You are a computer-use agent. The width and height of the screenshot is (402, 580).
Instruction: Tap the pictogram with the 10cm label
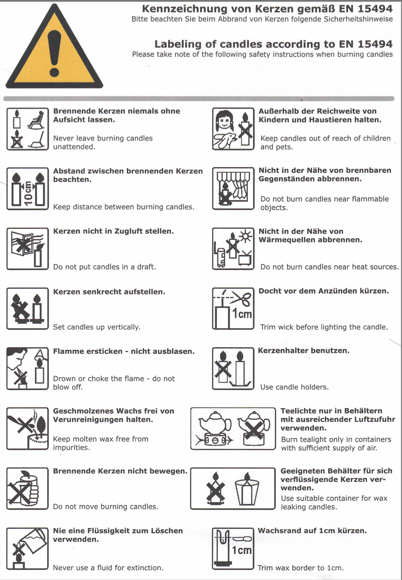(x=27, y=189)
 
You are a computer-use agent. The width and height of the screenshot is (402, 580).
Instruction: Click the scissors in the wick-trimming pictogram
(x=242, y=298)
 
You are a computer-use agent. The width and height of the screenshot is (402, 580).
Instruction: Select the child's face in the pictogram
(x=224, y=122)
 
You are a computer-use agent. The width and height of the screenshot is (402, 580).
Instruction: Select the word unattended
(x=74, y=147)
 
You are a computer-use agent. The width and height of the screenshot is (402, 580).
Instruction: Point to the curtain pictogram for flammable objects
(x=233, y=189)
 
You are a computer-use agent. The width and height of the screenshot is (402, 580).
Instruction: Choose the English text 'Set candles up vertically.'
(x=97, y=327)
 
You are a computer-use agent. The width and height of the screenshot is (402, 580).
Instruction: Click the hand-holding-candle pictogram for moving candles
(x=27, y=489)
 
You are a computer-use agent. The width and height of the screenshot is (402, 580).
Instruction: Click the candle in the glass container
(x=247, y=490)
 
